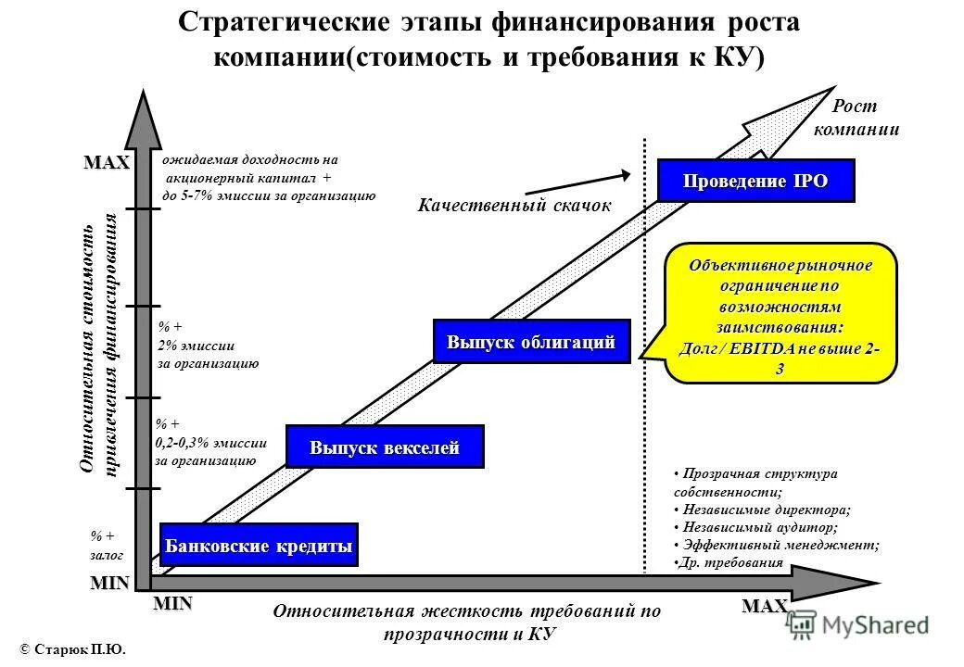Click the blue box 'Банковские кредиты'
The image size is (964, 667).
pyautogui.click(x=259, y=546)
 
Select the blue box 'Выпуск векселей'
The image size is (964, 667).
pyautogui.click(x=385, y=448)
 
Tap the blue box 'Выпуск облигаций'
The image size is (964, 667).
pyautogui.click(x=531, y=342)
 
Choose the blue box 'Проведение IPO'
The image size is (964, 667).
pyautogui.click(x=755, y=181)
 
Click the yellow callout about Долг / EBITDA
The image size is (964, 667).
pyautogui.click(x=780, y=312)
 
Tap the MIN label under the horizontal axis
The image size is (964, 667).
pyautogui.click(x=172, y=604)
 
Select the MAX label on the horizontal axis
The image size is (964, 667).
pyautogui.click(x=765, y=607)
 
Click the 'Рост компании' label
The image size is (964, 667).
pyautogui.click(x=856, y=118)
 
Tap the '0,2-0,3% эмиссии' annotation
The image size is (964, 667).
pyautogui.click(x=210, y=443)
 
